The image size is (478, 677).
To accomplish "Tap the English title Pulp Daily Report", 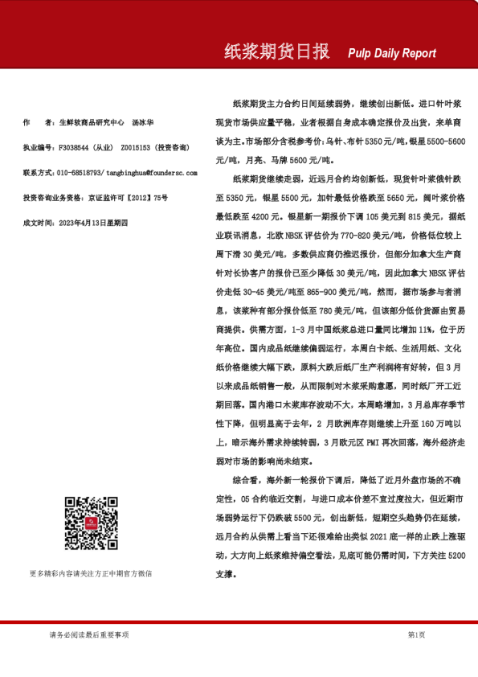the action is point(392,54).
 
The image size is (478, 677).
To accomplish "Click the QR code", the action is point(88,523).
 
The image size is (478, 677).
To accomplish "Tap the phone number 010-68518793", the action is point(80,173).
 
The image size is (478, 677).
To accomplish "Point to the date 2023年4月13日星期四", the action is point(89,222).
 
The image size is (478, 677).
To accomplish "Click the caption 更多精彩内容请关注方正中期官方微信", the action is point(91,573).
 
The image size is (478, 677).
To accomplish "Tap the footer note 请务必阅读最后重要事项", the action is point(88,635).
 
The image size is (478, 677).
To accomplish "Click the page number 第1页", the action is point(416,635).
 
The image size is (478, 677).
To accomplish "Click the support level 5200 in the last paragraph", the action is point(453,554).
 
